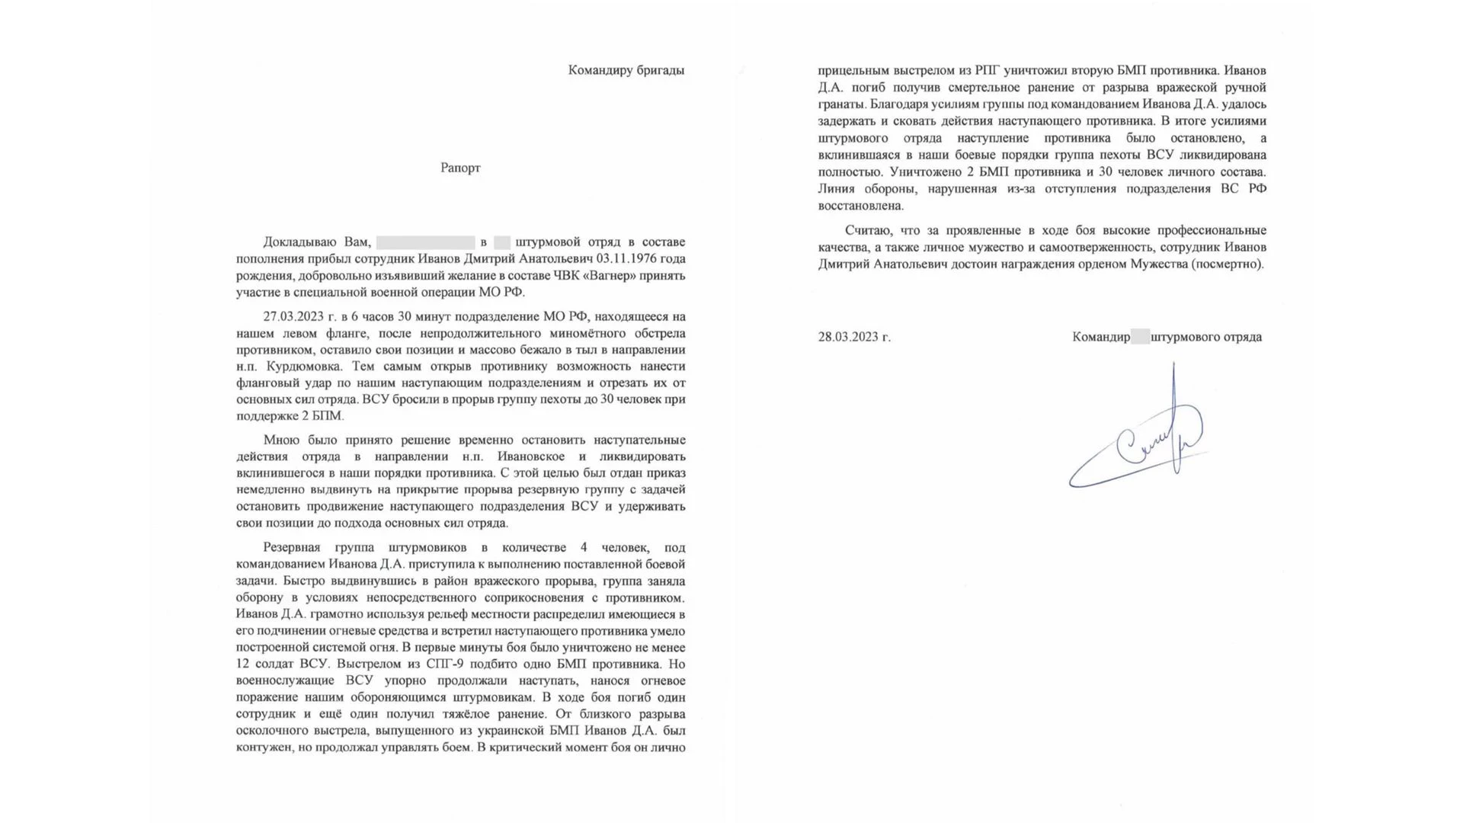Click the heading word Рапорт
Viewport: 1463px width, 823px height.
pos(460,168)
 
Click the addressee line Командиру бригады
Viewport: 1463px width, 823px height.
pos(626,70)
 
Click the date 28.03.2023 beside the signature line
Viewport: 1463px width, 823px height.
pos(853,337)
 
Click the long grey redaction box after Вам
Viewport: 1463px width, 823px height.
pos(425,242)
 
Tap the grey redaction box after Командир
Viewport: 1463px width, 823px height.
pos(1140,337)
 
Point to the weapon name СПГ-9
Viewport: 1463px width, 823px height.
pos(446,664)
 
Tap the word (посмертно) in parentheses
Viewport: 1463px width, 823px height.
pos(1228,264)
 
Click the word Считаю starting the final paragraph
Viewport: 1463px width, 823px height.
pos(866,230)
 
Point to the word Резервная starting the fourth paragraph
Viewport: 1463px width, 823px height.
pos(292,548)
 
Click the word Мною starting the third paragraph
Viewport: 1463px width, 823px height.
pos(280,440)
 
